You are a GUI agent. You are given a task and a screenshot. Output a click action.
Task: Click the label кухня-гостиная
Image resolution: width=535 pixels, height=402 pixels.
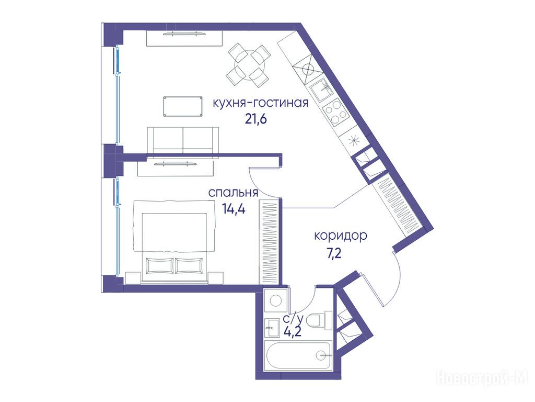(260, 103)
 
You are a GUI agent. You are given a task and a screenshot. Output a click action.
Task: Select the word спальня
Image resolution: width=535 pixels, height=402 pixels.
(233, 193)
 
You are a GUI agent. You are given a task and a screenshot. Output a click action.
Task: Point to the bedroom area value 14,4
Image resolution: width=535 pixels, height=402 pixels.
(234, 208)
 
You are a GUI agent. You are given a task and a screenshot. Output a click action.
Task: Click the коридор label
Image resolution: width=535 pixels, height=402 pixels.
(341, 236)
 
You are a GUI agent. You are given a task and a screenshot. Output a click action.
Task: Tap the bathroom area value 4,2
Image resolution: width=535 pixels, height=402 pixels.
(293, 331)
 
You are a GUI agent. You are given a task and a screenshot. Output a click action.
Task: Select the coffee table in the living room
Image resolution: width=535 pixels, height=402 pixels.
(182, 107)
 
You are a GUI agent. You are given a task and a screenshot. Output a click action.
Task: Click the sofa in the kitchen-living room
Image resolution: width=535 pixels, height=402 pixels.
(183, 140)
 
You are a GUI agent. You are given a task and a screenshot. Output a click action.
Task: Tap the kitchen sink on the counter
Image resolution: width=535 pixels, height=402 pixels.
(321, 89)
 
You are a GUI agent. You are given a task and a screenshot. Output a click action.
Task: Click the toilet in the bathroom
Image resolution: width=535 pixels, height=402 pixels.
(319, 320)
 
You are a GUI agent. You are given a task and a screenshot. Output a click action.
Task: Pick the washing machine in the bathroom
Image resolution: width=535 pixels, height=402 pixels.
(276, 300)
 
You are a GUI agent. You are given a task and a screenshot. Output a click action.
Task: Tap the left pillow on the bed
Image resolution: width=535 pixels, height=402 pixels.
(159, 265)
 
